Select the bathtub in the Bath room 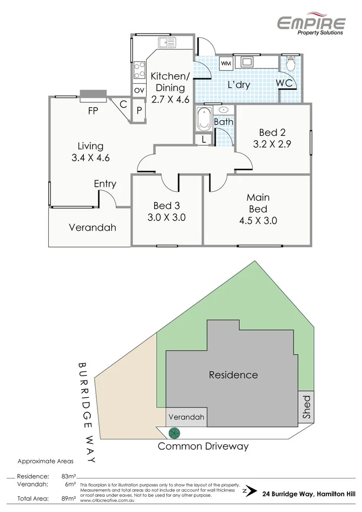(x=204, y=119)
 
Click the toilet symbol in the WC (x=290, y=64)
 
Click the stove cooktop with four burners (x=140, y=69)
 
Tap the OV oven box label (x=139, y=90)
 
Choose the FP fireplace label (x=94, y=112)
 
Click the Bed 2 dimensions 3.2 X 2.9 (x=272, y=144)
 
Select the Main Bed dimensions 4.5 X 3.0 (x=258, y=221)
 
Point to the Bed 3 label (x=167, y=206)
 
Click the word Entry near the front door (x=105, y=184)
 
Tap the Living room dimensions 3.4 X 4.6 (x=90, y=159)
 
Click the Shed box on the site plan (x=306, y=407)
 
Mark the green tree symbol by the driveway (x=174, y=433)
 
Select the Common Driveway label (x=203, y=447)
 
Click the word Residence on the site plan (x=233, y=375)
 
